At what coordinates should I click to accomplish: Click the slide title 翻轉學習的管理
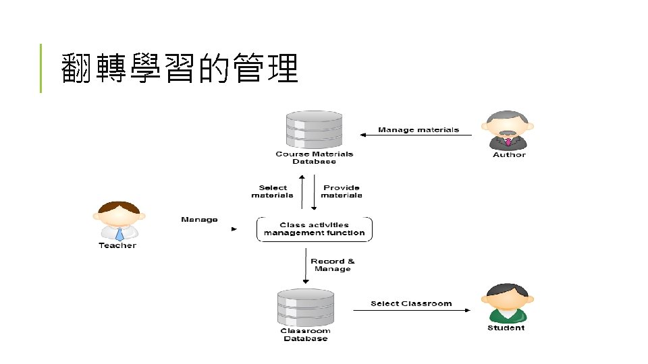tap(180, 69)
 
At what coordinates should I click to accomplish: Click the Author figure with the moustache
tap(509, 129)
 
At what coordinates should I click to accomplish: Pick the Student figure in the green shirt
tap(506, 303)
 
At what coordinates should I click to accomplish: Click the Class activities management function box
tap(314, 229)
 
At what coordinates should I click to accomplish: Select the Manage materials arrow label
tap(418, 129)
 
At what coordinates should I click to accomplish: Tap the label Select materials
tap(272, 191)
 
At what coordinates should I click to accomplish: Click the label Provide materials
tap(342, 191)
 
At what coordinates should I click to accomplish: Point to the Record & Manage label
tap(332, 265)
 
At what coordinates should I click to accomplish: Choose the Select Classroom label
tap(411, 303)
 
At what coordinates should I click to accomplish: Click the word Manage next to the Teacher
tap(199, 219)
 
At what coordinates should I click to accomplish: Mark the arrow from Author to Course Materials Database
tap(415, 135)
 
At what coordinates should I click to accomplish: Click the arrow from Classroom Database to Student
tap(411, 310)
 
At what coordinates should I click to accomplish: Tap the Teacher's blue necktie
tap(119, 234)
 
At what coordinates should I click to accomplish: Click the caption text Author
tap(509, 155)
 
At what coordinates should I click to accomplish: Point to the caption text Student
tap(506, 328)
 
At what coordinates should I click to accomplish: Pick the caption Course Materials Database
tap(314, 158)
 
